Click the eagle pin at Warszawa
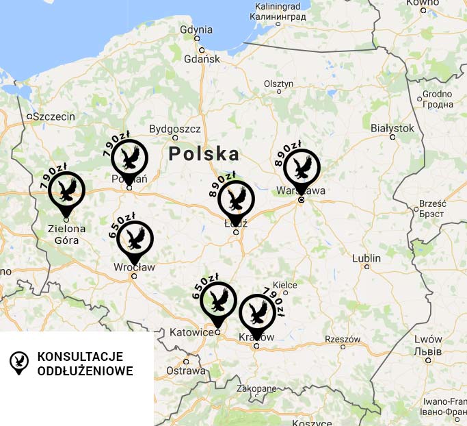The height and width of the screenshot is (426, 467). click(x=302, y=168)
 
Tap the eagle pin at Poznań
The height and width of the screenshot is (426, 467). click(x=129, y=158)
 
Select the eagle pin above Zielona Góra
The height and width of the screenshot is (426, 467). click(x=66, y=190)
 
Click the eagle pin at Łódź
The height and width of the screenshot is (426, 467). click(x=237, y=200)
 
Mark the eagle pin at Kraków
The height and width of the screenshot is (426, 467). click(x=257, y=313)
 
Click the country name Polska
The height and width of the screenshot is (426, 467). click(x=204, y=153)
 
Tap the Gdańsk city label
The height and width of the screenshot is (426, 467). click(x=202, y=59)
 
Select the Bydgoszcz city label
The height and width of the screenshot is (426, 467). click(x=174, y=128)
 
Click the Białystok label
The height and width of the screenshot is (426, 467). click(x=392, y=127)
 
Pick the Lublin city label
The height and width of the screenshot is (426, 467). click(x=366, y=258)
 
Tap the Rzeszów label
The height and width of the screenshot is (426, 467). click(x=343, y=339)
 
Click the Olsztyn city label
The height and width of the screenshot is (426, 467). click(x=278, y=84)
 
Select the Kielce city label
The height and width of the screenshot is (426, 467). click(x=285, y=284)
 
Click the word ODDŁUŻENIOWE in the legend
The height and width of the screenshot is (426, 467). click(x=85, y=371)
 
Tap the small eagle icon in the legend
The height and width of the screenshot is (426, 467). click(x=18, y=362)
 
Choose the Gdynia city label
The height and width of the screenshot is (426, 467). click(x=196, y=29)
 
